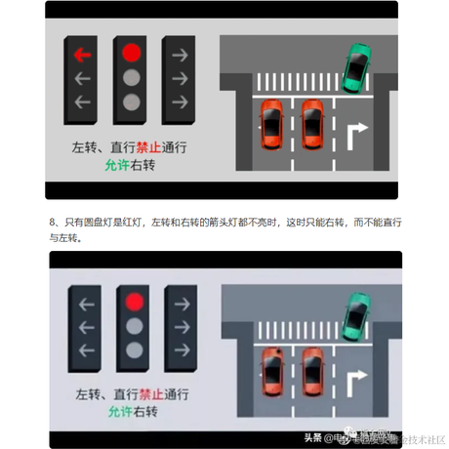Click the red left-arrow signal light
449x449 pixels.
click(x=83, y=54)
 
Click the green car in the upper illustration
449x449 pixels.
click(x=358, y=65)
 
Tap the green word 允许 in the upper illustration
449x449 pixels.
click(x=117, y=166)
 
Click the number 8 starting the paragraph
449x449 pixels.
click(x=52, y=224)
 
